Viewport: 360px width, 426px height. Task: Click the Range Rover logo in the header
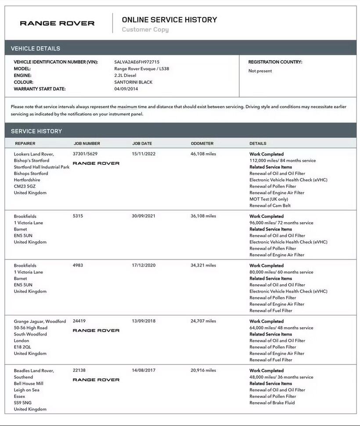coord(57,23)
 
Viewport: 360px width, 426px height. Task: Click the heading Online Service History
coord(169,20)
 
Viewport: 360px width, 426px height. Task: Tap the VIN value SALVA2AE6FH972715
coord(137,62)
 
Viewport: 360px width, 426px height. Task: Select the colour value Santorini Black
coord(133,82)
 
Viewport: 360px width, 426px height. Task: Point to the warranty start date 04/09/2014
coord(126,89)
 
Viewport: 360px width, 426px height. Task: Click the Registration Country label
coord(275,62)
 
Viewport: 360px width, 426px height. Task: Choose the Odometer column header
coord(202,144)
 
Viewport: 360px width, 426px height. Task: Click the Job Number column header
coord(86,144)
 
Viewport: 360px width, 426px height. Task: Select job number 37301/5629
coord(85,154)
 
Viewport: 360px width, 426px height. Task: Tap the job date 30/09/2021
coord(144,216)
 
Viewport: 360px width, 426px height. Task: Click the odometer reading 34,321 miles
coord(203,265)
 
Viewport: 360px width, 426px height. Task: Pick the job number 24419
coord(79,321)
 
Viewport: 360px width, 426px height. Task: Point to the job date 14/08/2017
coord(144,370)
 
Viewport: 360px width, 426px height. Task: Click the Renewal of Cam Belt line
coord(270,206)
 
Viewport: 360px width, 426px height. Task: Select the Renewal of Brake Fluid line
coord(272,403)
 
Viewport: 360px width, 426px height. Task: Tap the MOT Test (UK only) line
coord(269,199)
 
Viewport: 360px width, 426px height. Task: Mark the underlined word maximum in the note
coord(127,107)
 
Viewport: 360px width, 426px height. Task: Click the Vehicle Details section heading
coord(36,48)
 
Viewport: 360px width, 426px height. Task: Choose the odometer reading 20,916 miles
coord(203,370)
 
